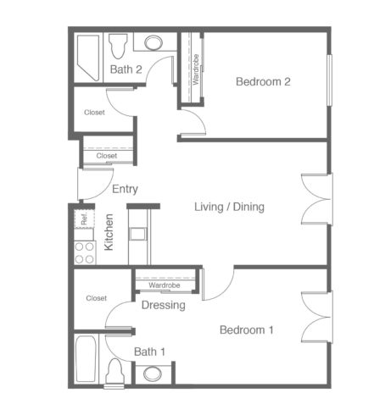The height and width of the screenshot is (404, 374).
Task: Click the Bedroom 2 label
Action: click(263, 81)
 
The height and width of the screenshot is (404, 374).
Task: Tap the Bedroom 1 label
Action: click(247, 329)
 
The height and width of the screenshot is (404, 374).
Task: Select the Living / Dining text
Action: click(229, 207)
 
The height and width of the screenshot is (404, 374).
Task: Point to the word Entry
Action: click(125, 189)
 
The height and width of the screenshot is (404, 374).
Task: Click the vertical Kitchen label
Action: click(109, 232)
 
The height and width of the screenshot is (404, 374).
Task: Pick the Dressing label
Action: click(164, 305)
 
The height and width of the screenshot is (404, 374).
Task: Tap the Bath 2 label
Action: click(126, 69)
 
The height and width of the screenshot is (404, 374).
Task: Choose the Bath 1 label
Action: click(149, 351)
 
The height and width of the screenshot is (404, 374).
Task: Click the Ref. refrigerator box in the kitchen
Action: click(84, 219)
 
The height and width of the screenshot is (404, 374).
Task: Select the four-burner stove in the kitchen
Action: click(85, 252)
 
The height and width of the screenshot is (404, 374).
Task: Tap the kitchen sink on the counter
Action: click(137, 234)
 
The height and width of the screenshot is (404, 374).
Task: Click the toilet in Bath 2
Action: click(118, 46)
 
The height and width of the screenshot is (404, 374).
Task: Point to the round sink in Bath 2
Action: click(154, 42)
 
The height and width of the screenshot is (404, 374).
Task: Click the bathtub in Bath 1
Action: click(86, 359)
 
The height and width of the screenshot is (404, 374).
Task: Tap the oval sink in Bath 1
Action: click(153, 374)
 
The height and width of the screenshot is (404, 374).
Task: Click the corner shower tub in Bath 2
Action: click(88, 58)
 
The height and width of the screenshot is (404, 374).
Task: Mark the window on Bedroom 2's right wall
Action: click(329, 80)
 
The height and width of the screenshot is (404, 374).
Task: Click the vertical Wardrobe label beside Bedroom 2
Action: click(196, 69)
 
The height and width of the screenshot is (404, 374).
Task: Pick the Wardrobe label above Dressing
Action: click(165, 285)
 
